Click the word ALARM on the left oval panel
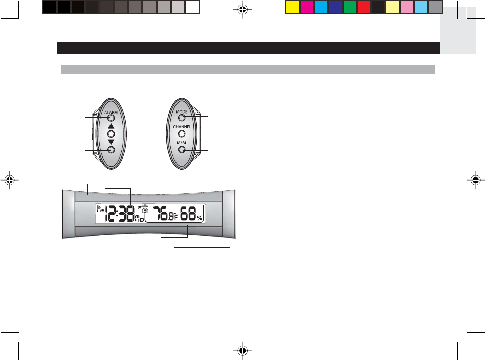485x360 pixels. pos(111,112)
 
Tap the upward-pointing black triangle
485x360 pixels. pos(111,126)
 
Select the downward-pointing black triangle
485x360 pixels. pos(111,142)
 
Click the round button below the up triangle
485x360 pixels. pos(111,134)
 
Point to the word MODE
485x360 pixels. pos(182,111)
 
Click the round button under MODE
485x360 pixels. pos(182,118)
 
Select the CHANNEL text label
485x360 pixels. pos(182,127)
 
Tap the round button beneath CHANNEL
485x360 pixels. pos(182,133)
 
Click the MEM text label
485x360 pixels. pos(181,143)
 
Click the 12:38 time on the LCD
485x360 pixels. pos(119,213)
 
